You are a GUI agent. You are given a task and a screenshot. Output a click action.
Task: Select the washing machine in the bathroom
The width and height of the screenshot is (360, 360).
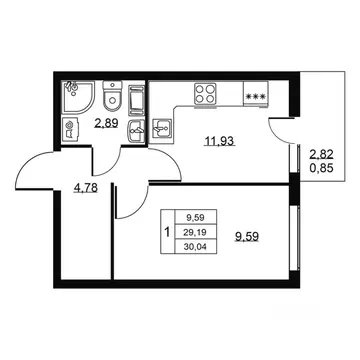coord(72,130)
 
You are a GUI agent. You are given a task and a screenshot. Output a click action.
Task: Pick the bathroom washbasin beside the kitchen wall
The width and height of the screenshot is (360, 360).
coord(136,131)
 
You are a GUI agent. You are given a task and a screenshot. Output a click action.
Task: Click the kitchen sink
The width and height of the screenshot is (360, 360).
coord(162,128)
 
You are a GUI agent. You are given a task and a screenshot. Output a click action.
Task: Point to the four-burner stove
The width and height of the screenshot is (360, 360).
coord(205,95)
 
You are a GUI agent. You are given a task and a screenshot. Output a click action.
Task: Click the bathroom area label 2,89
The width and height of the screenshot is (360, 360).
coord(106,124)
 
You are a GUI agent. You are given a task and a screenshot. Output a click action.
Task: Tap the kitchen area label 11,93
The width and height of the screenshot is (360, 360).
coord(220,141)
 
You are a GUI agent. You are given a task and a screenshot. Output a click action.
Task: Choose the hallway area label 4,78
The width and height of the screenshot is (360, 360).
coord(85,189)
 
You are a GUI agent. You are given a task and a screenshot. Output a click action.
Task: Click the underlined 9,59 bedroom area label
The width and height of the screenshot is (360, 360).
coord(247,237)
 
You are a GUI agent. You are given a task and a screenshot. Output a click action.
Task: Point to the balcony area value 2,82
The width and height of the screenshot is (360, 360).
coord(322,154)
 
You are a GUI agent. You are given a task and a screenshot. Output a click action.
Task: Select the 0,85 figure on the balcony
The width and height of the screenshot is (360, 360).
coord(322,168)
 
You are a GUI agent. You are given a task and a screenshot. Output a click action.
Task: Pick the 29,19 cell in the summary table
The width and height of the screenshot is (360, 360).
coord(196,232)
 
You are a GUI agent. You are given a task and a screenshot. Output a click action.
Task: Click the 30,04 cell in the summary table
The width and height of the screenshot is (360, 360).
coord(196,247)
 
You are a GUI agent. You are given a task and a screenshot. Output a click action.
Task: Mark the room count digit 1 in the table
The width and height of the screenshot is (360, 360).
coord(167,231)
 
